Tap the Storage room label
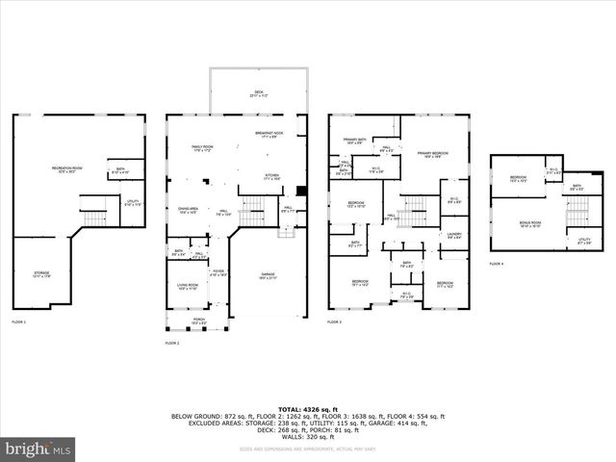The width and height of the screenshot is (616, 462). (x=41, y=274)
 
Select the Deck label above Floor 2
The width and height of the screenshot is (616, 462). (x=258, y=95)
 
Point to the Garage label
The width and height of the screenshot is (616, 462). (x=268, y=275)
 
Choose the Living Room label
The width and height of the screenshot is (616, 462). (x=187, y=286)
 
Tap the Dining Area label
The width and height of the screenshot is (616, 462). (x=188, y=210)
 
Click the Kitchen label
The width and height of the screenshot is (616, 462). (x=272, y=176)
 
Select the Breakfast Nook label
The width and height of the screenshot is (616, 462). (x=269, y=135)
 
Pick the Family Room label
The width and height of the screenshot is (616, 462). (x=201, y=148)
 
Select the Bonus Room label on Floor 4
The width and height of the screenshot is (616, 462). (x=530, y=224)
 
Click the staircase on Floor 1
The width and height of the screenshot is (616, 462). (x=95, y=218)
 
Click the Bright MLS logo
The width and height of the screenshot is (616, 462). (x=39, y=449)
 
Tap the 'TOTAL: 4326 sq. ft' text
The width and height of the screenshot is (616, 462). (x=308, y=409)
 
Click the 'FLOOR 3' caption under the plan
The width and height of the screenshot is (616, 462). (x=335, y=321)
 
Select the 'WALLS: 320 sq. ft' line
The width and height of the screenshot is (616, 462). (x=308, y=436)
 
